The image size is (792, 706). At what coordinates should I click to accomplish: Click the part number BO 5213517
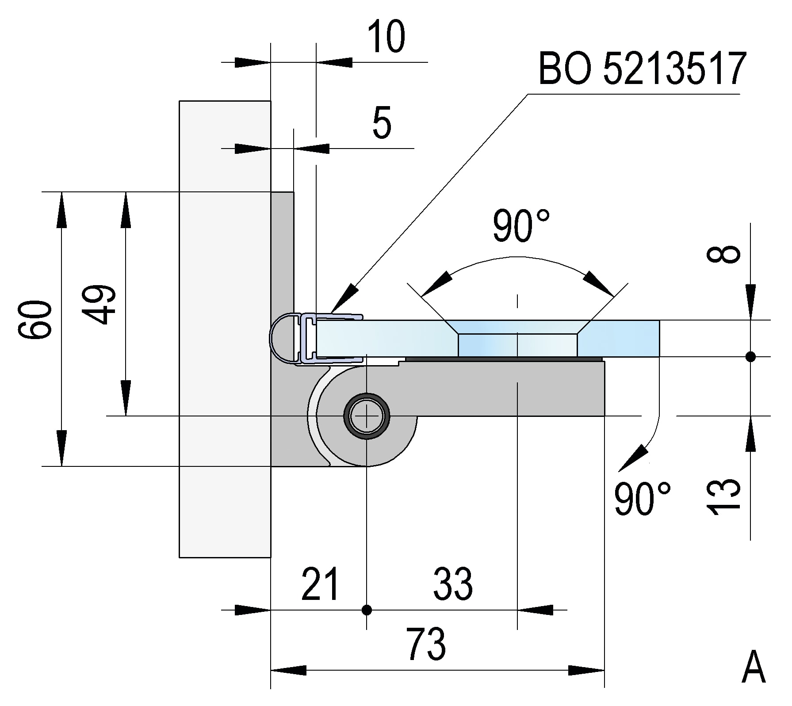coord(642,69)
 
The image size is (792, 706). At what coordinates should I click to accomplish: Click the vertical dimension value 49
coord(99,305)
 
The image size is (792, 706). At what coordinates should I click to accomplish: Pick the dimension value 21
coord(321,584)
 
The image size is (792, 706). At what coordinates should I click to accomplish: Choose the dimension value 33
coord(453,584)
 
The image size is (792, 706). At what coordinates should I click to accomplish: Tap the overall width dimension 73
coord(426,645)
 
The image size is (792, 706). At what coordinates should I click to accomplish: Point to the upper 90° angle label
coord(521,226)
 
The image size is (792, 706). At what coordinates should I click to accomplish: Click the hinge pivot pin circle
coord(367,416)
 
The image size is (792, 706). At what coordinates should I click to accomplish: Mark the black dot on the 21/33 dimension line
coord(367,610)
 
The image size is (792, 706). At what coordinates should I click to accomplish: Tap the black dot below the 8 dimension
coord(750,356)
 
